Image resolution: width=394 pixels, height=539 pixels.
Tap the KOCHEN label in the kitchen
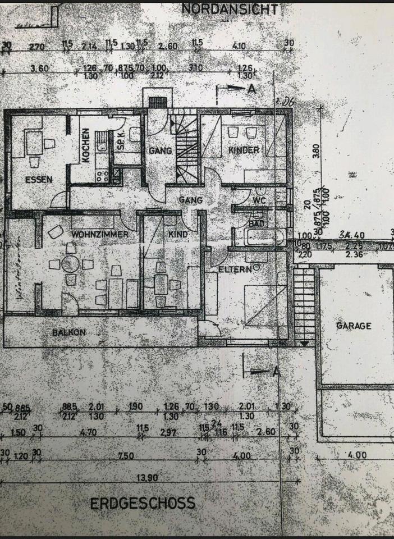(x=86, y=145)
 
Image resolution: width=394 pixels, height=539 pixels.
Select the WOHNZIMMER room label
(x=100, y=234)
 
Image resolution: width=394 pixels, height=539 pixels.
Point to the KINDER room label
(x=244, y=150)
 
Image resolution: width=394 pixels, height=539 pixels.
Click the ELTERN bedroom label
(x=233, y=269)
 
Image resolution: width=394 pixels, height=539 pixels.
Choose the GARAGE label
(x=354, y=326)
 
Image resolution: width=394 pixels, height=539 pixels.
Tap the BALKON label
(x=68, y=332)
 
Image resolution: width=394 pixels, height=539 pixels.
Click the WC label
(x=259, y=199)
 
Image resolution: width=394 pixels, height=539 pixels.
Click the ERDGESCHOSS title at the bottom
(x=143, y=503)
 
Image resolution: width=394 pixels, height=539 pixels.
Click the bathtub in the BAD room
(x=264, y=236)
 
